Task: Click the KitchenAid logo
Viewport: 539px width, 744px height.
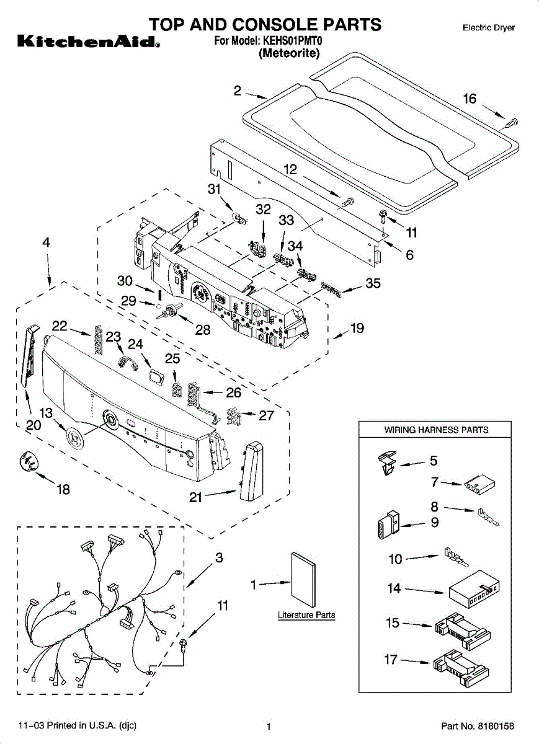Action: coord(87,43)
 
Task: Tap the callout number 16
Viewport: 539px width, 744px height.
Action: coord(470,99)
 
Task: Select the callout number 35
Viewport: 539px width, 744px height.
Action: coord(373,284)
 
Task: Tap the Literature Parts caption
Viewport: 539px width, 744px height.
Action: coord(306,615)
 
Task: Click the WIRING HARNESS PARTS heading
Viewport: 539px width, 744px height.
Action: coord(436,430)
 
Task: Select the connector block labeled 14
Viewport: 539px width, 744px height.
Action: coord(474,591)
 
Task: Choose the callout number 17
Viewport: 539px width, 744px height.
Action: coord(391,660)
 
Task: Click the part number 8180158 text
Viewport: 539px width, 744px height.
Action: coord(478,725)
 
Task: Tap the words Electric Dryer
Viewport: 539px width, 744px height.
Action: coord(488,28)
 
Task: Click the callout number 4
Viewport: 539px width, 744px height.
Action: coord(47,243)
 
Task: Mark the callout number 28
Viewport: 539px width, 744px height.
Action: coord(203,330)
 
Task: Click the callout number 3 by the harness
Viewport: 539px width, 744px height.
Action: coord(219,558)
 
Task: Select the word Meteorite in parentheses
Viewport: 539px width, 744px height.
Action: coord(289,53)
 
